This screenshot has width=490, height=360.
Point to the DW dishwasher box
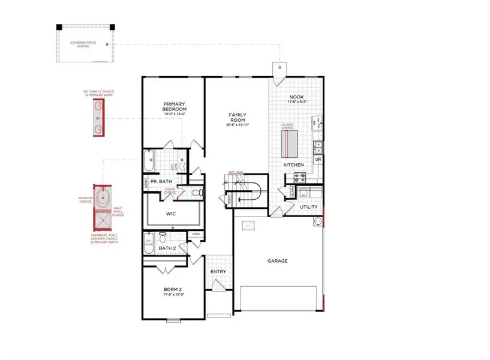pyautogui.click(x=318, y=159)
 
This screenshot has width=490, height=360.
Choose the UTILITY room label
pyautogui.click(x=309, y=207)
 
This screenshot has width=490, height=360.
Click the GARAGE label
pyautogui.click(x=278, y=261)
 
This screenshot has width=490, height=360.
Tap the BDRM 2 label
pyautogui.click(x=173, y=292)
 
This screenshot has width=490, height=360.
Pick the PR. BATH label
pyautogui.click(x=161, y=181)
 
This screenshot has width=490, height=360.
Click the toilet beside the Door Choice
pyautogui.click(x=200, y=193)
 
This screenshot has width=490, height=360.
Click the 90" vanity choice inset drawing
pyautogui.click(x=98, y=118)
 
